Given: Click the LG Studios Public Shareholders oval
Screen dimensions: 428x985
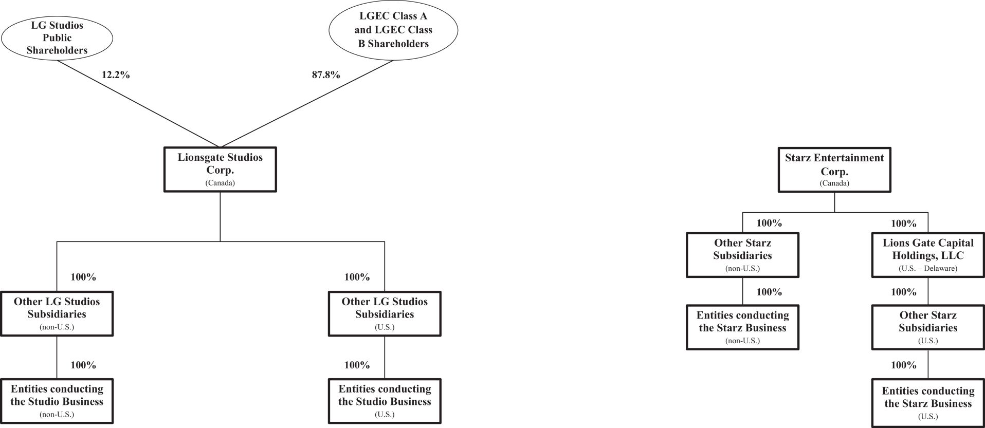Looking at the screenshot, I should (57, 38).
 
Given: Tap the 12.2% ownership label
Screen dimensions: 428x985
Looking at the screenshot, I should (116, 75).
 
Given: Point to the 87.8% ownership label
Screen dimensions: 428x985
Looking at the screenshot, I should (326, 75).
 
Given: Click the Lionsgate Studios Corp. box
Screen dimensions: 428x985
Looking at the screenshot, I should (220, 170).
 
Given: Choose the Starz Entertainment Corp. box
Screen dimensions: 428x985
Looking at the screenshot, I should (834, 170).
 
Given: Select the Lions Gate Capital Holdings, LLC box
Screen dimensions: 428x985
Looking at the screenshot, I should (928, 255).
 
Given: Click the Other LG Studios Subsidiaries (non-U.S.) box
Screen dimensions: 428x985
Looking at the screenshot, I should (57, 313).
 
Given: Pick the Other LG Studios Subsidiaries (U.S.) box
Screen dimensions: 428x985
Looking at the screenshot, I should (385, 313).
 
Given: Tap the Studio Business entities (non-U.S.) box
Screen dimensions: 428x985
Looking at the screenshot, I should (57, 401).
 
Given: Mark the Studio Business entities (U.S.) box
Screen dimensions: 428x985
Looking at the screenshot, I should (385, 401).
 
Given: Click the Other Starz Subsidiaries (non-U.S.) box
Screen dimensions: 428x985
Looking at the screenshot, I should (742, 255).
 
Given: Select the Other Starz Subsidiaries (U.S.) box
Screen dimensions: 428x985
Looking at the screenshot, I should (928, 327).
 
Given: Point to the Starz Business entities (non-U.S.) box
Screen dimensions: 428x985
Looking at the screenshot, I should (742, 327).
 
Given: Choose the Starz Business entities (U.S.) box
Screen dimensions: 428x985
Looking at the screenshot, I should (928, 403).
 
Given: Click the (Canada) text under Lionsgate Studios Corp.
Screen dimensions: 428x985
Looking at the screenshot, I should (220, 183).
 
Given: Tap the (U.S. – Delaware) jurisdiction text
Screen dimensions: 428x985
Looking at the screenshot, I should (928, 268).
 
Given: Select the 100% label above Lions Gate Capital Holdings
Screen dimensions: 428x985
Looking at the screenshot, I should (904, 224).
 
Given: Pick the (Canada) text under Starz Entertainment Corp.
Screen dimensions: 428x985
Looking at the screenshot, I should (834, 183).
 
